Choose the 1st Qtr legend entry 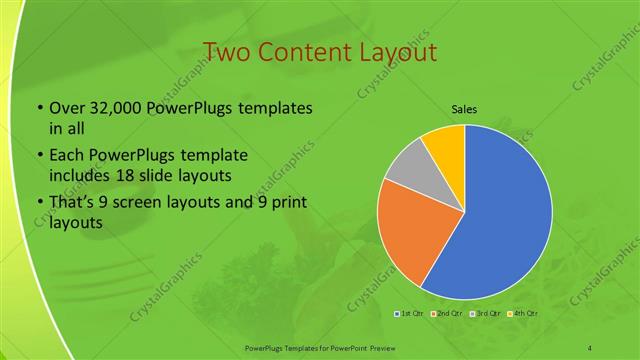(410, 314)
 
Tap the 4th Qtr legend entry (523, 314)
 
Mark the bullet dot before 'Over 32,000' (39, 109)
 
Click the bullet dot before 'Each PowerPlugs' (39, 156)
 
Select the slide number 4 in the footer (590, 347)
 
